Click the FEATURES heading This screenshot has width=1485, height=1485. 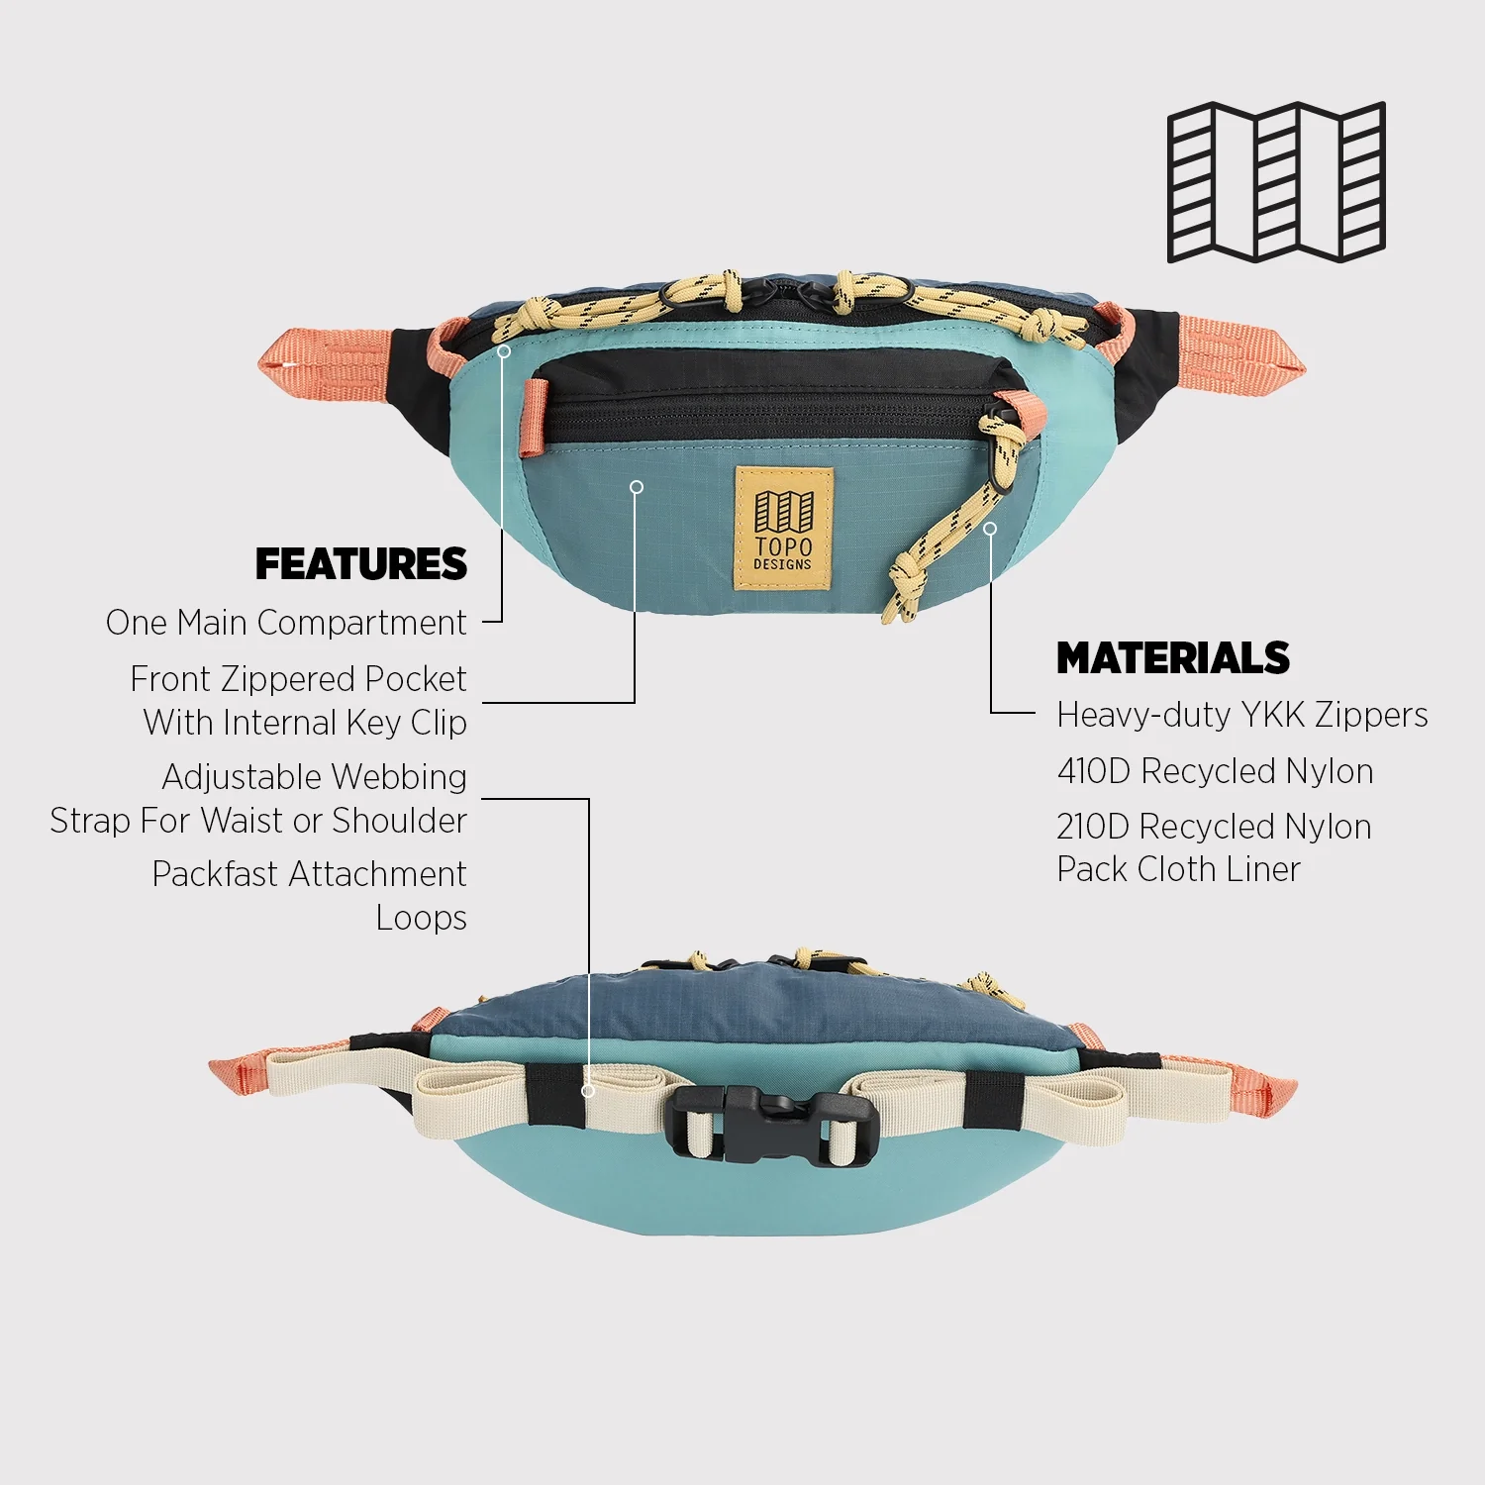coord(361,564)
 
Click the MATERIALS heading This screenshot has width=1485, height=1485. coord(1173,658)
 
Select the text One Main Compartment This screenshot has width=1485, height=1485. coord(286,623)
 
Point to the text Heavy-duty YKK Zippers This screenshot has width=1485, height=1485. coord(1241,715)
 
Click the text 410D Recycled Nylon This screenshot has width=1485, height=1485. coord(1215,771)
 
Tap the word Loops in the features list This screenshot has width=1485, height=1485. coord(421,918)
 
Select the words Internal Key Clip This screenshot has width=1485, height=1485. coord(344,723)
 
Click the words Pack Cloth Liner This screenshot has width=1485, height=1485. coord(1178,869)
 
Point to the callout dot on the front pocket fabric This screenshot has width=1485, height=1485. coord(637,487)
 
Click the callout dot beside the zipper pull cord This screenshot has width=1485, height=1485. coord(989,529)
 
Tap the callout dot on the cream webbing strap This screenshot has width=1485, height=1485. coord(588,1090)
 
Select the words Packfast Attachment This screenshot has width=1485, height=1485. coord(309,874)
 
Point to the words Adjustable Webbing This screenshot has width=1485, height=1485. coord(314,777)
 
